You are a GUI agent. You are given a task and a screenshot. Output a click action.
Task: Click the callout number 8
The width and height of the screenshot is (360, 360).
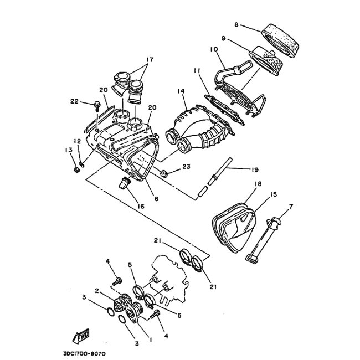(236, 24)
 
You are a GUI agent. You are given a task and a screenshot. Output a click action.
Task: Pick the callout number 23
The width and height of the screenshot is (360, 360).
(186, 167)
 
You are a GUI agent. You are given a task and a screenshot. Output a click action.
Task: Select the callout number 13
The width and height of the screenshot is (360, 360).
(69, 150)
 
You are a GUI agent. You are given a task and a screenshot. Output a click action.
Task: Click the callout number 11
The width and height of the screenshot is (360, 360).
(196, 71)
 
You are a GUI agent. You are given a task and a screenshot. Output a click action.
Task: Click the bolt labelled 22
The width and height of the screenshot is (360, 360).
(97, 104)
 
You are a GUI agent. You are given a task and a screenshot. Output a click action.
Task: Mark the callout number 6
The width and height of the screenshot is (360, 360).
(156, 198)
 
